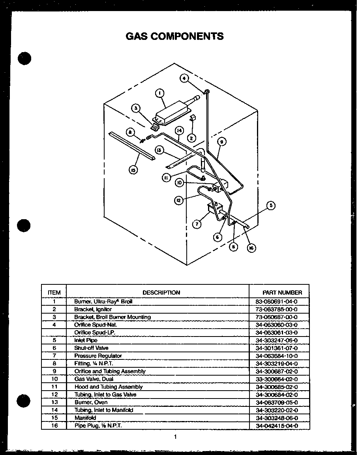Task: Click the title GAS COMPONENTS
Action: click(x=174, y=36)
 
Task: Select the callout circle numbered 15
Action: click(x=134, y=170)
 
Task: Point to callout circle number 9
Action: click(x=221, y=142)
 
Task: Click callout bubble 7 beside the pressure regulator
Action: click(x=197, y=224)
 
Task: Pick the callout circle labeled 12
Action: click(x=179, y=200)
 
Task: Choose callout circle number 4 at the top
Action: click(x=184, y=78)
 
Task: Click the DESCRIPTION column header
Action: click(x=161, y=293)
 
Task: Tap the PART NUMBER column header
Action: click(x=282, y=293)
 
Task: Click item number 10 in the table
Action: click(x=54, y=379)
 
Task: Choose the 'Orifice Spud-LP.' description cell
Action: click(x=95, y=333)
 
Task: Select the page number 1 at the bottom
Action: click(x=175, y=437)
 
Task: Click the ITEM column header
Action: click(x=54, y=293)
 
